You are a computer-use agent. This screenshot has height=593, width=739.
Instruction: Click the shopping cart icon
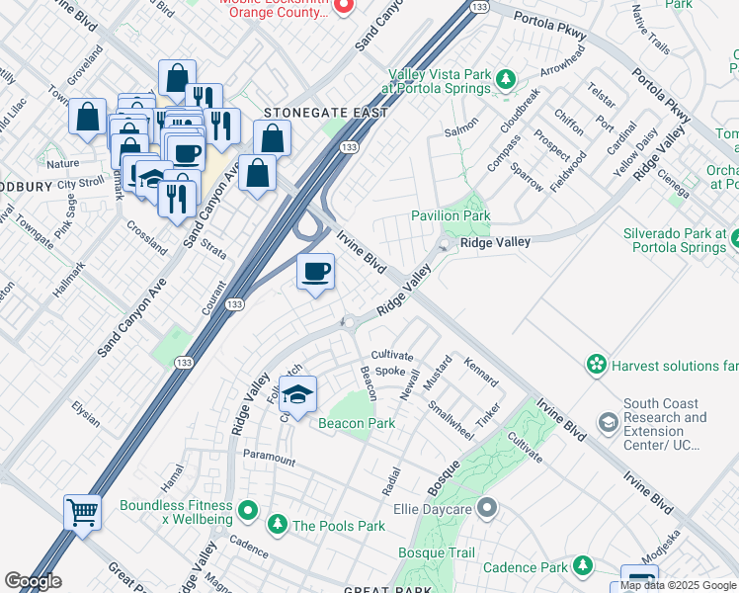point(83,513)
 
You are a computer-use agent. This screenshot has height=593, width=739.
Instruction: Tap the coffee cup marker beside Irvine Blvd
point(315,272)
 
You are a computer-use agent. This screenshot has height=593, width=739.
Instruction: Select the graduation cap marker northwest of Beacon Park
point(297,394)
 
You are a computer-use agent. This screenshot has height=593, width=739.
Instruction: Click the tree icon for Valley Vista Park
point(505,78)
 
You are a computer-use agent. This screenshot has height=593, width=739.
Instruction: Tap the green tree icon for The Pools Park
point(279,525)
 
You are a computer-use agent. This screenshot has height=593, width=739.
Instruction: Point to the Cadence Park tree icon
point(585,566)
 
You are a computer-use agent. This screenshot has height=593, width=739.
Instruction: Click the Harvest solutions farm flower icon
point(596,366)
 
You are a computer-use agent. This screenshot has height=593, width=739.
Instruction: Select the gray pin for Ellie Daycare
point(485,509)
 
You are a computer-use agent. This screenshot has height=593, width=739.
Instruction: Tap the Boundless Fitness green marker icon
point(247,512)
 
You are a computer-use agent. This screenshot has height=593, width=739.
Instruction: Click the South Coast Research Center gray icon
point(607,423)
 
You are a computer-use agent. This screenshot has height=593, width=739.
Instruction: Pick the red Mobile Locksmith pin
point(343,6)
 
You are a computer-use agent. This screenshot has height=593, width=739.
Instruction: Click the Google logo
point(33,581)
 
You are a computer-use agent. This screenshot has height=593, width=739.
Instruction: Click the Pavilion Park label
point(451,215)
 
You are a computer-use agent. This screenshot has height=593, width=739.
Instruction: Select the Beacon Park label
point(356,423)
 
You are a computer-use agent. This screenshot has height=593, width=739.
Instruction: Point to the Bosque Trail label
point(436,553)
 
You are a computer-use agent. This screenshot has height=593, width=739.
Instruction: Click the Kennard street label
point(481,373)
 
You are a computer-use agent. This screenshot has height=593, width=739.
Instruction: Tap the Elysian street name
point(86,414)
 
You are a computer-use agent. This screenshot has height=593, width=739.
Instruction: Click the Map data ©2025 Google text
point(679,585)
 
